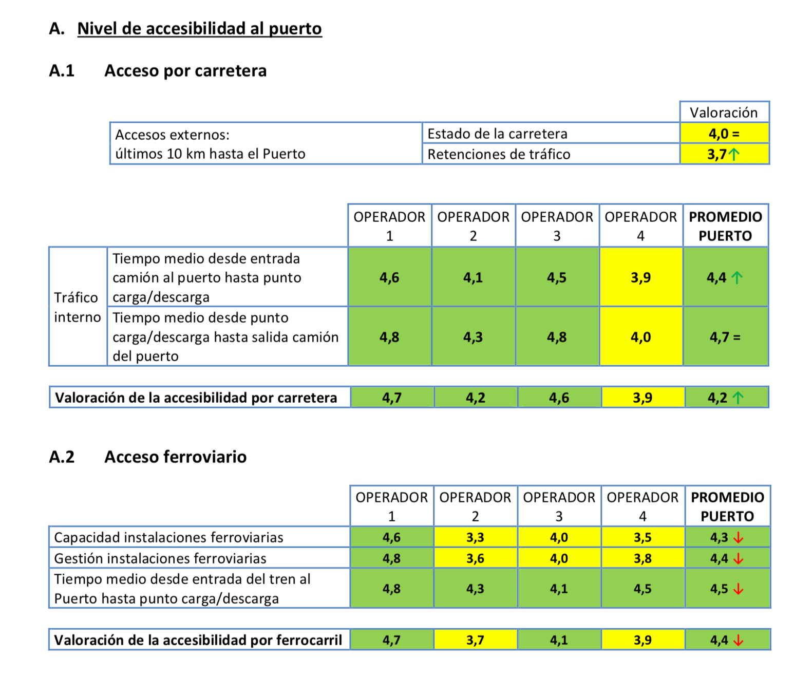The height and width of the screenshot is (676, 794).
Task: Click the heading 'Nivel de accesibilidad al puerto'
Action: pyautogui.click(x=199, y=29)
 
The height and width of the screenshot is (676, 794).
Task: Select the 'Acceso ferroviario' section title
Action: pyautogui.click(x=175, y=457)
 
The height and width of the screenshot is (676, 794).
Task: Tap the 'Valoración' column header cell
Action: pyautogui.click(x=724, y=112)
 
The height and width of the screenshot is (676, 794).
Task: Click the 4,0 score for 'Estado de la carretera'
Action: pyautogui.click(x=724, y=134)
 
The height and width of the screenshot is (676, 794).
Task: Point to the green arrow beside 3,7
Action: pyautogui.click(x=734, y=154)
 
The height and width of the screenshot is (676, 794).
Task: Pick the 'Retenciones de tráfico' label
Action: pyautogui.click(x=499, y=154)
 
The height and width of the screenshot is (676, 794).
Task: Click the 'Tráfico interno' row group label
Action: pyautogui.click(x=77, y=307)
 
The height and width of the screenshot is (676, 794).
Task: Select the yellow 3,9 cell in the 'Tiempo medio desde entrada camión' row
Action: pyautogui.click(x=640, y=277)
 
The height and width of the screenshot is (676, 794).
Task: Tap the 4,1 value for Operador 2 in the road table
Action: pyautogui.click(x=473, y=277)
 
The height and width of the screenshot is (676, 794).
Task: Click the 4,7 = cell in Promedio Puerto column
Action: pyautogui.click(x=725, y=337)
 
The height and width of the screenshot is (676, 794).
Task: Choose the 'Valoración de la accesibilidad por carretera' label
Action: pyautogui.click(x=196, y=398)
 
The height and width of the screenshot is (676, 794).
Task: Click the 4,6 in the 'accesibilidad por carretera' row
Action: pyautogui.click(x=559, y=398)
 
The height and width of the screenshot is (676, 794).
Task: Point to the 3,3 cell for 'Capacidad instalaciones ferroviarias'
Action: pyautogui.click(x=475, y=537)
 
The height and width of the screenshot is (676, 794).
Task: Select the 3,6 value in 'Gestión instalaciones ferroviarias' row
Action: pyautogui.click(x=475, y=558)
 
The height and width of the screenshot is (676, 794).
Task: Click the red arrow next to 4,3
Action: pyautogui.click(x=739, y=538)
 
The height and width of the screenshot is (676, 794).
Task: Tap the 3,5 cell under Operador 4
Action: pyautogui.click(x=642, y=537)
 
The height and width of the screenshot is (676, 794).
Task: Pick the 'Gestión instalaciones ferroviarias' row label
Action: pyautogui.click(x=160, y=558)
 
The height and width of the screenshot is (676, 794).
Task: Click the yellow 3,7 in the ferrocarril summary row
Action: pyautogui.click(x=475, y=640)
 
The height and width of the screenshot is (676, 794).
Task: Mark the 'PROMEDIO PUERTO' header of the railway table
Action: pyautogui.click(x=727, y=506)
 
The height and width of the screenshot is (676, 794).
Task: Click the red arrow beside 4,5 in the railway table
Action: pyautogui.click(x=739, y=589)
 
